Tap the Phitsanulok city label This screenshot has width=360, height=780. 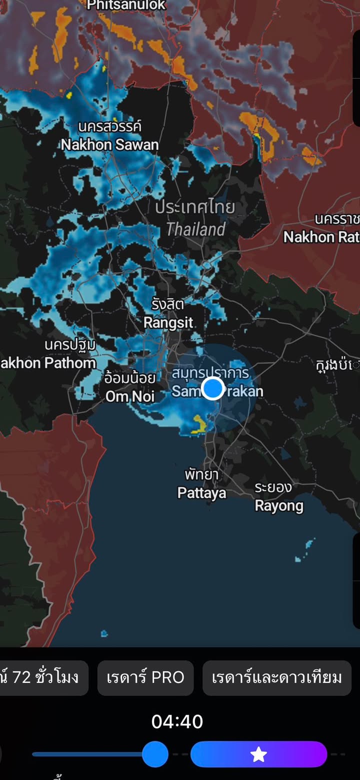[x=126, y=5]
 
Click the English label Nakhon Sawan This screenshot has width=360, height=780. [x=109, y=145]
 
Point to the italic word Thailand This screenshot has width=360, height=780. [x=195, y=230]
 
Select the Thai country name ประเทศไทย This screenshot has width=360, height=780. [x=195, y=207]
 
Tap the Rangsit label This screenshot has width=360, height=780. [x=168, y=323]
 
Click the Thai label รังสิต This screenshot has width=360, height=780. [x=168, y=304]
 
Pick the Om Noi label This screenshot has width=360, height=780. [x=130, y=397]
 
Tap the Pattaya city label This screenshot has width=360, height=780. [x=202, y=493]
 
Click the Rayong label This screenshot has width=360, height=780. [x=279, y=506]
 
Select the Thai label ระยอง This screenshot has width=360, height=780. [x=273, y=487]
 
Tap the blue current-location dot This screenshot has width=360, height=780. [x=213, y=388]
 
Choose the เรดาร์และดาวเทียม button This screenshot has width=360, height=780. [x=277, y=677]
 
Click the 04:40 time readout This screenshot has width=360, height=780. [x=177, y=721]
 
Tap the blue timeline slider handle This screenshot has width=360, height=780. [x=155, y=754]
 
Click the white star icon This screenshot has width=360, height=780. [x=258, y=754]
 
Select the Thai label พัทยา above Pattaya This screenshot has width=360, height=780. [x=201, y=474]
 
